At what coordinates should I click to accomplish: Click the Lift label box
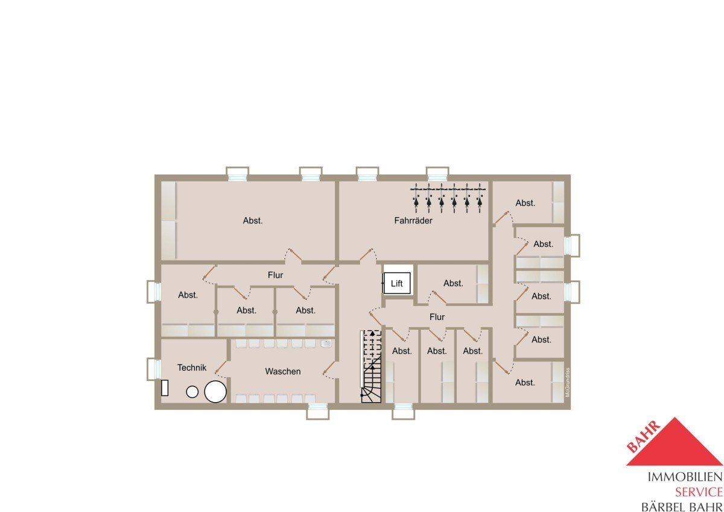pos(397,283)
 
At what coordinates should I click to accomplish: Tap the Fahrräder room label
pos(413,220)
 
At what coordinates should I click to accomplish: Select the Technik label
pos(192,368)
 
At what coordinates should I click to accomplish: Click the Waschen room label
pos(283,371)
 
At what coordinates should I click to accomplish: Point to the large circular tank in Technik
pos(215,391)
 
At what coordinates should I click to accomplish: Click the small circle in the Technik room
pos(192,392)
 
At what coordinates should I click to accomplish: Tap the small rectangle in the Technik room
pos(165,388)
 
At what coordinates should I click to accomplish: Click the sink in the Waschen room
pos(326,344)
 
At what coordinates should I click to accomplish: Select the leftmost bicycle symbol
pos(416,198)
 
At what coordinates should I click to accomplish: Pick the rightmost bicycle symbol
pos(480,198)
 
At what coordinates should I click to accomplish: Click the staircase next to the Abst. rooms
pos(372,366)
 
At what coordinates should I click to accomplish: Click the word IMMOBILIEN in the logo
pos(685,477)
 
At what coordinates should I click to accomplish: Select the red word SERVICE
pos(699,492)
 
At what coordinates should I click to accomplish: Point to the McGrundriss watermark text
pos(568,382)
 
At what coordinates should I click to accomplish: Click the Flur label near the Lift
pos(437,317)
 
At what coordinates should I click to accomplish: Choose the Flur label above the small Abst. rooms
pos(275,275)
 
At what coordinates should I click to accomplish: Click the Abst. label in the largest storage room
pos(253,220)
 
